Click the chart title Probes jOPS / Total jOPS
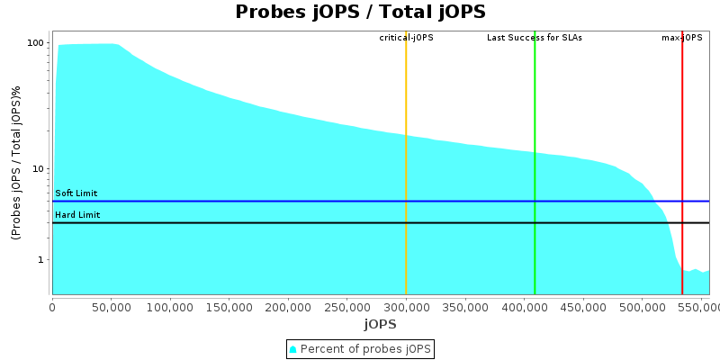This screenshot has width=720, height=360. point(360,12)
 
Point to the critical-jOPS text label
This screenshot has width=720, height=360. point(406,38)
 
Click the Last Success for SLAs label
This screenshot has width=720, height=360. point(535,38)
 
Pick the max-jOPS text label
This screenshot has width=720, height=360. point(682,38)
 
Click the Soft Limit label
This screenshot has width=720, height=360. point(76,193)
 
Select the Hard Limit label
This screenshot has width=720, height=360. point(77,215)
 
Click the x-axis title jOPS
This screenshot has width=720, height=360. point(380,324)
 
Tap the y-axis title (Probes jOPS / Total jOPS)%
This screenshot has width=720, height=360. point(16,163)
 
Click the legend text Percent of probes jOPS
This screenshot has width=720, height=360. point(364,348)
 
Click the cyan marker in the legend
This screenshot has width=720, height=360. point(292,348)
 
